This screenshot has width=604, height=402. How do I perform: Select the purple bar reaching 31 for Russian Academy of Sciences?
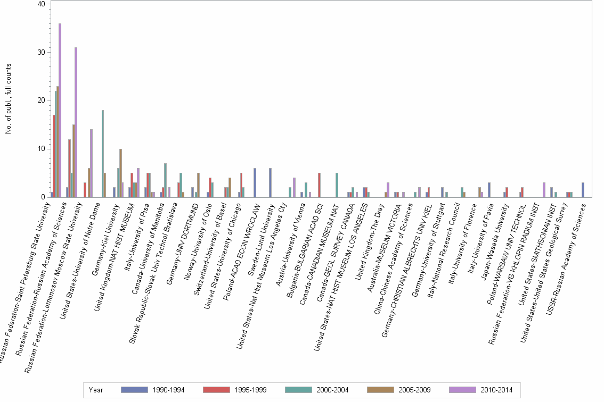point(76,122)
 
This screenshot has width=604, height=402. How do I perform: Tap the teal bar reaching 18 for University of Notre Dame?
point(102,154)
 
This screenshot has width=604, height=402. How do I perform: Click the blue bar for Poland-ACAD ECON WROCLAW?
point(255,183)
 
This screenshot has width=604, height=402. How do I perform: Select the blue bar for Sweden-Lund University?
point(271,183)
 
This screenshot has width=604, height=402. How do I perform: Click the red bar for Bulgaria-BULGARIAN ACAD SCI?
point(319,185)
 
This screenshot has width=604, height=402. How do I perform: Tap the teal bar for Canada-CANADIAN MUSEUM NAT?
point(337,185)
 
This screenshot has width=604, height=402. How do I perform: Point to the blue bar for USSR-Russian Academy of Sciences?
point(583,190)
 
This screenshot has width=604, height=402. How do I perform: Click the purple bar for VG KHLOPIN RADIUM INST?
point(544,190)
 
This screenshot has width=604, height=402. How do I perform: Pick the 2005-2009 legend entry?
point(413,390)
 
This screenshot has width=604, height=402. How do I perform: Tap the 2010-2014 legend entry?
point(496,390)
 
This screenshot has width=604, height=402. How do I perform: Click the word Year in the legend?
point(96,390)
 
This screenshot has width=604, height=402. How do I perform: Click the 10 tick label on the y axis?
point(41,149)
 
